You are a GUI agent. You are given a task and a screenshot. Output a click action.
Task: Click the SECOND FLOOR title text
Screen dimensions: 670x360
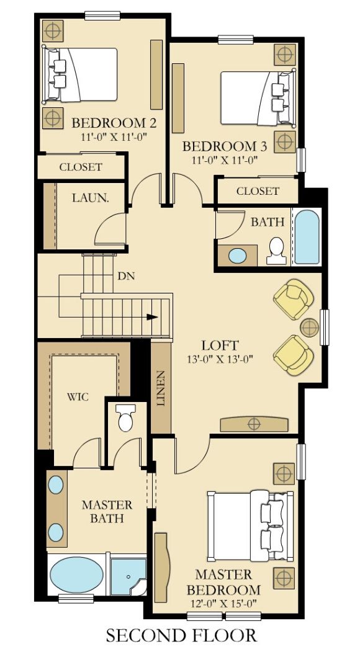pos(181,635)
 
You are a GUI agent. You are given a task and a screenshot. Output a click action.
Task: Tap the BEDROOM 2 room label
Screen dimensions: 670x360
pos(114,122)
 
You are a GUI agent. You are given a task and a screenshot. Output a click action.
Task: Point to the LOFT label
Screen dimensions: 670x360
pos(220,345)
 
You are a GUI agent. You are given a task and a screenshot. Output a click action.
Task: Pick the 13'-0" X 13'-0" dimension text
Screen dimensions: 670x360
pos(220,359)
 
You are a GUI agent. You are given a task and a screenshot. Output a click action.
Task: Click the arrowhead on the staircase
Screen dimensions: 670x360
pos(151,316)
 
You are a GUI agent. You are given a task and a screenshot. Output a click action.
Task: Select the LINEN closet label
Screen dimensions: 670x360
pos(161,388)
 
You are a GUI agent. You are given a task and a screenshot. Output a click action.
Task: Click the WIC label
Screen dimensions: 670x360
pos(78,396)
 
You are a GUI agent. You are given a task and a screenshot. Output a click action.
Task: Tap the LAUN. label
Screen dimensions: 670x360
pos(91,199)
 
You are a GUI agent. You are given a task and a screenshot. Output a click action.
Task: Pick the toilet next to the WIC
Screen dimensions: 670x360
pos(126,419)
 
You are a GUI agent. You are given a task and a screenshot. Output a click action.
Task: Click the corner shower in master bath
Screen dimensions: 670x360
pos(128,576)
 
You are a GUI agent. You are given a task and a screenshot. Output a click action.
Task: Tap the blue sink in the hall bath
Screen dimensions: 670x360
pos(237,255)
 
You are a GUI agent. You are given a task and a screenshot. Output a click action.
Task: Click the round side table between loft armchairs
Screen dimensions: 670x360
pos(309,327)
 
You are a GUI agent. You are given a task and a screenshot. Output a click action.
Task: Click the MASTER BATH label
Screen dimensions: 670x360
pos(107,511)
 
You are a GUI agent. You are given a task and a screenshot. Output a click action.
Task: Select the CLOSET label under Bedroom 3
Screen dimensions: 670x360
pos(258,191)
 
